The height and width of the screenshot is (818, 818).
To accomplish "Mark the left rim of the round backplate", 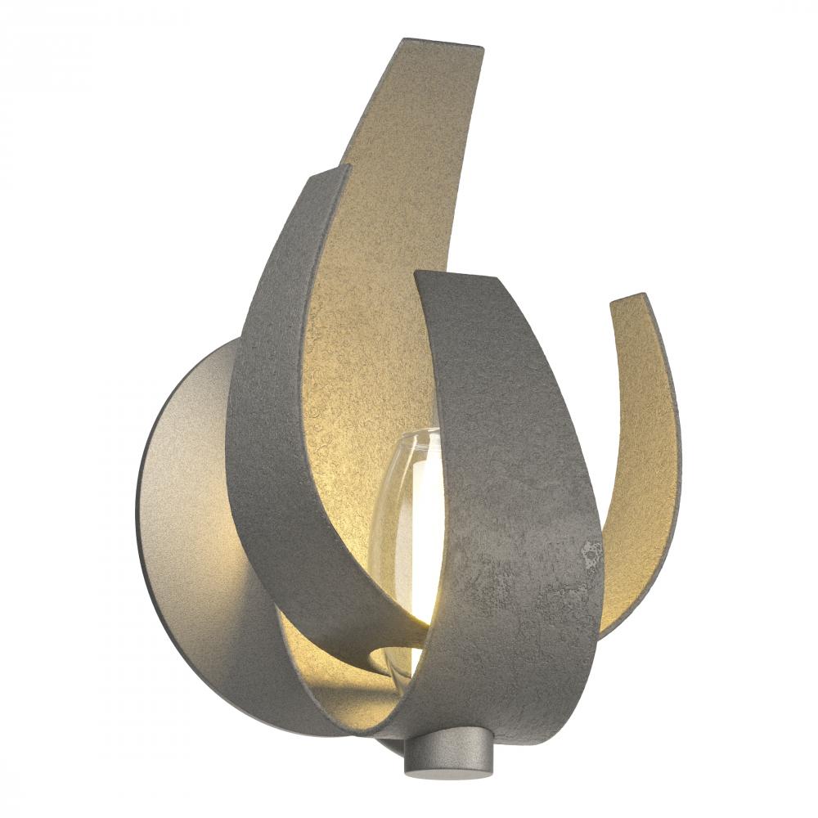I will pos(139,507).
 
